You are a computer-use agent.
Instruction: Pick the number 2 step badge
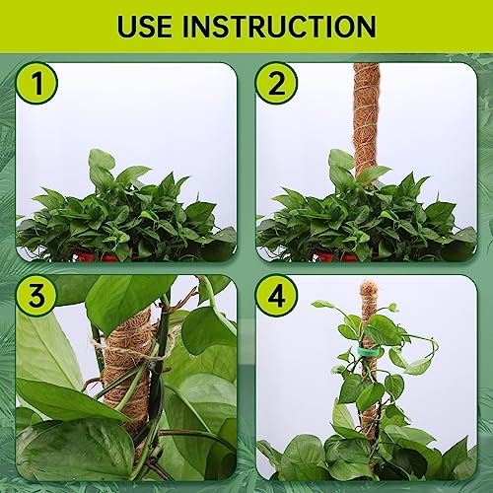[277, 85]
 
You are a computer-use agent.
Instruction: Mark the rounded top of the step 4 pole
[369, 287]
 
